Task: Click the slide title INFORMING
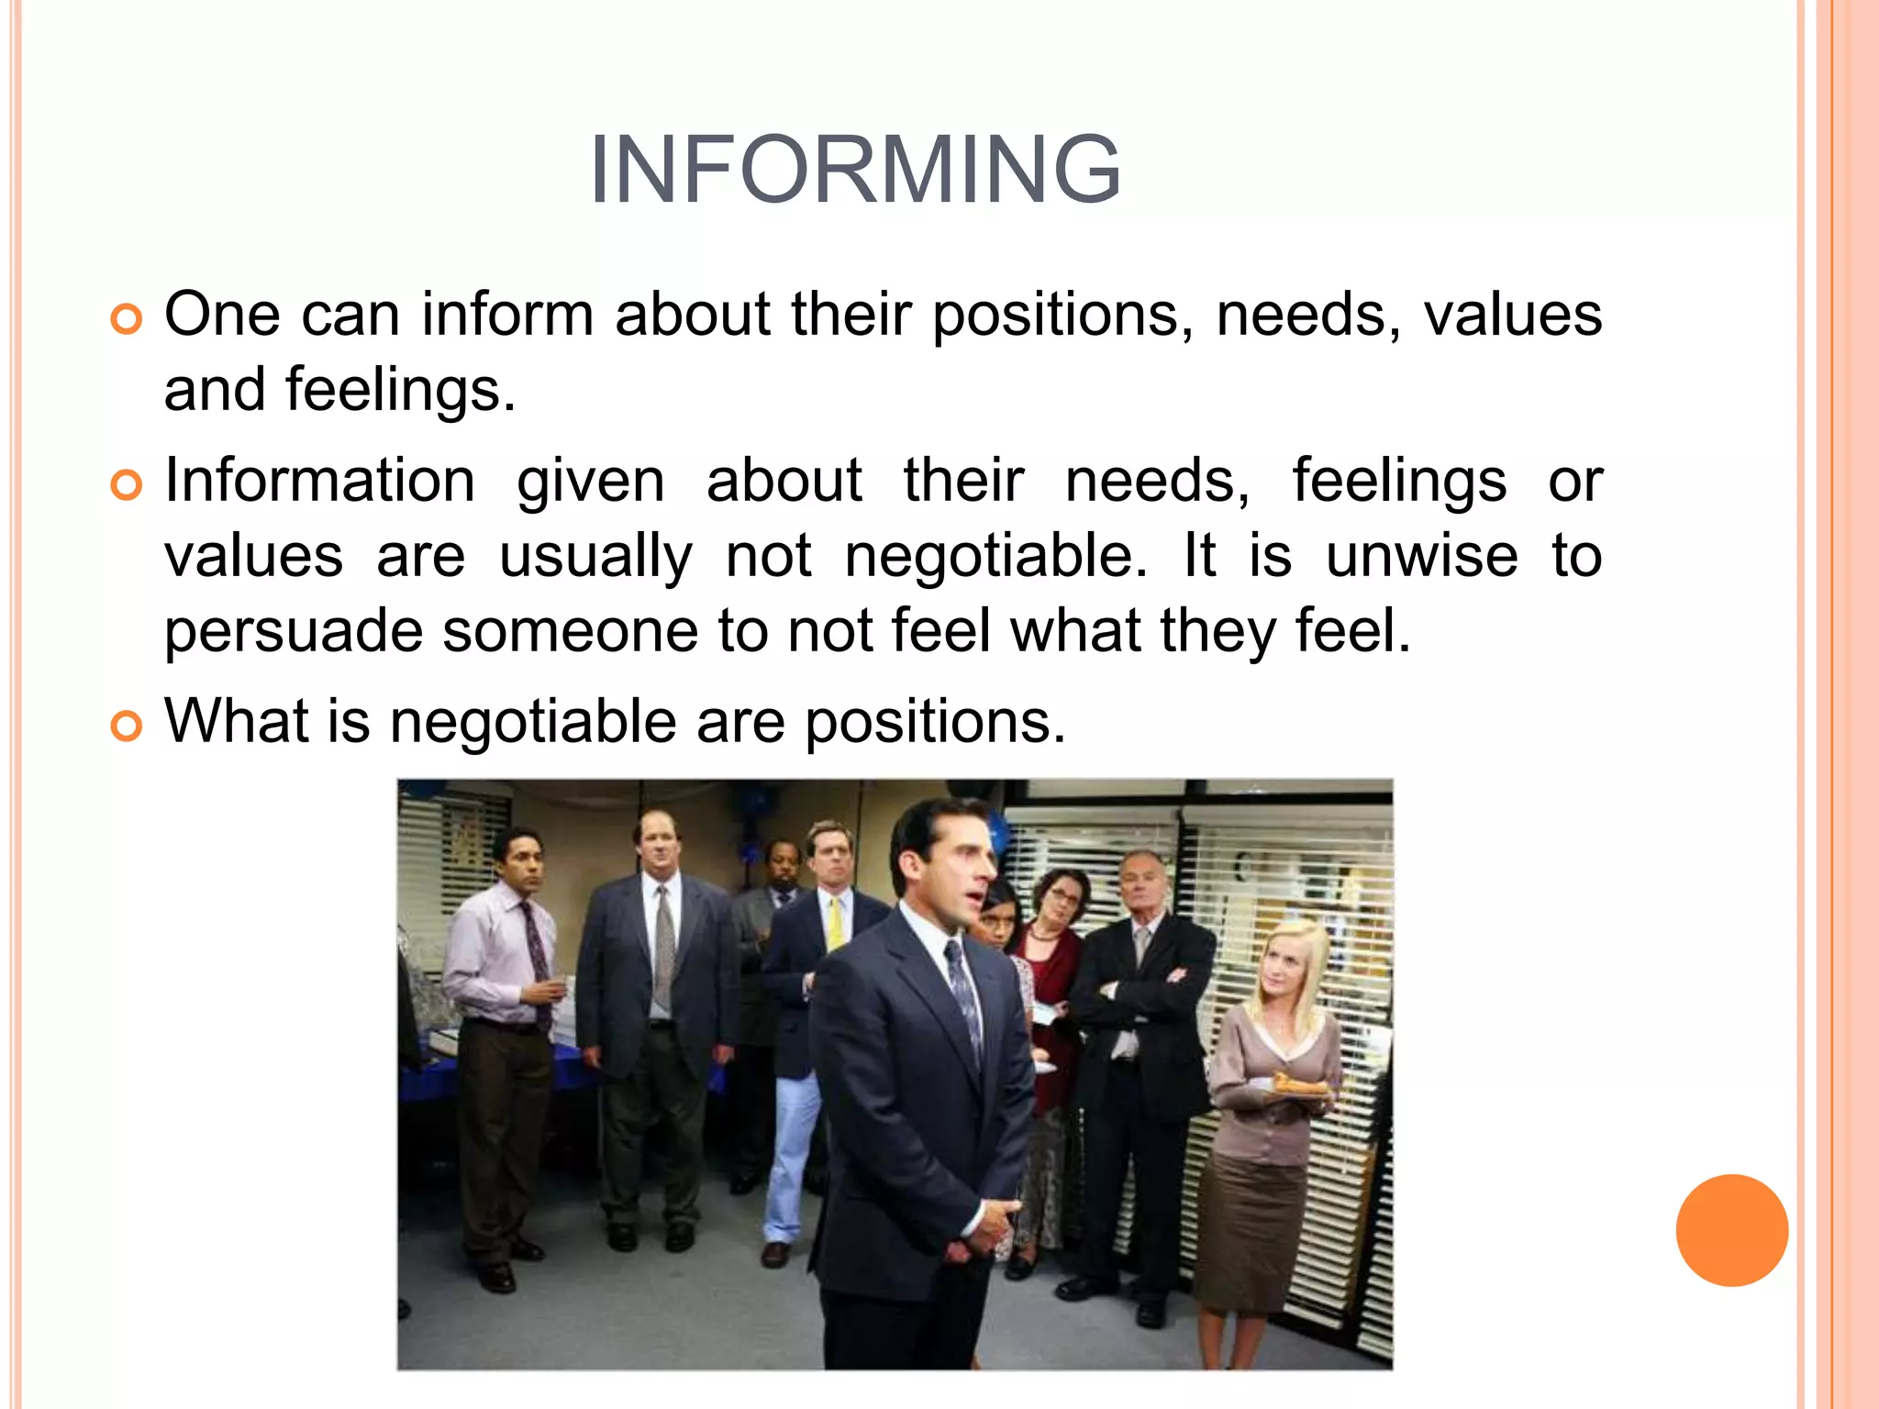pos(855,171)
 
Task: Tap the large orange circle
pos(1731,1230)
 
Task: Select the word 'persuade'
pos(293,631)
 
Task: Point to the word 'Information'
pos(319,481)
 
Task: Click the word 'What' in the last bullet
pos(236,721)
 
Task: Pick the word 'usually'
pos(595,558)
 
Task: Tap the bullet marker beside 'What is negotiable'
pos(127,726)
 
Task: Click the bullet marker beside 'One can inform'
pos(127,319)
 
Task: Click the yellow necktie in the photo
pos(835,921)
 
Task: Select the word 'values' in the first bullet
pos(1513,315)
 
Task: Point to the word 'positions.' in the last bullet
pos(936,723)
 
